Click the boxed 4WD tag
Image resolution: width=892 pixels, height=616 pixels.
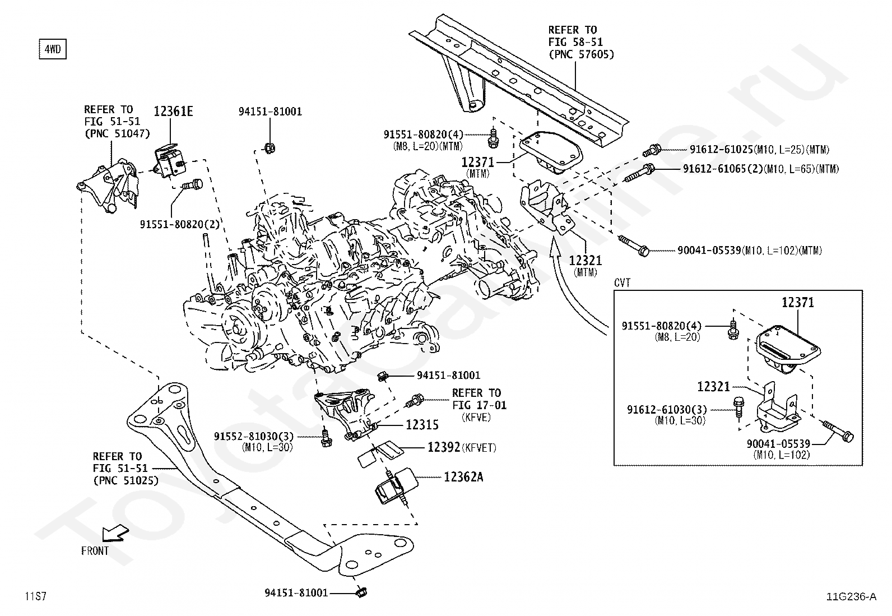52,49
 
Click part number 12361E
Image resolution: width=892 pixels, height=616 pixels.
173,112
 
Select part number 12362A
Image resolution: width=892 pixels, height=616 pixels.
463,477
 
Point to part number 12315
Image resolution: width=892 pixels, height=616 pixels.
422,425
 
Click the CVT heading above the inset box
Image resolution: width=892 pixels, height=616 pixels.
622,283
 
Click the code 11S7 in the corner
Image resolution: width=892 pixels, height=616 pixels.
35,596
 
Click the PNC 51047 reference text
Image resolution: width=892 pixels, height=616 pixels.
117,133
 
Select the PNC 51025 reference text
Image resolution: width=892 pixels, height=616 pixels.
126,480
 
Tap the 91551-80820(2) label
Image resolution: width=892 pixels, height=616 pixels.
180,224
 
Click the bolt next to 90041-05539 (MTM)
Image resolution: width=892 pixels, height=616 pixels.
634,244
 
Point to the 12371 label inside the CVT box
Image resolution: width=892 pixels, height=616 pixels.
798,303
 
